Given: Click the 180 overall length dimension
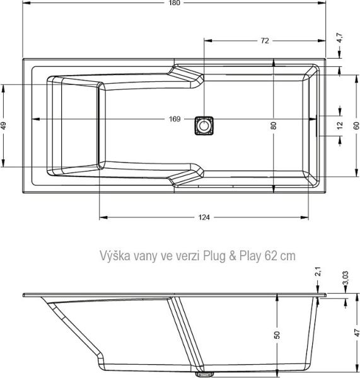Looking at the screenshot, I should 175,4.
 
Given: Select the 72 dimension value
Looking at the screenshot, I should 265,41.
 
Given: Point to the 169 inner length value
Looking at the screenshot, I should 175,119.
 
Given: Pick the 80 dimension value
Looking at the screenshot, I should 274,125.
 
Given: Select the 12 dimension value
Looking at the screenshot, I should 340,125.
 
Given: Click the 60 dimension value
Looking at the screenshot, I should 356,125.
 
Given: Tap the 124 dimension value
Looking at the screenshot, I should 204,217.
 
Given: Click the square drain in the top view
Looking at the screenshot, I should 204,125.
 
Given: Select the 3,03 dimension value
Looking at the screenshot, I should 344,279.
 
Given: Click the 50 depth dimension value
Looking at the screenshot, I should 276,335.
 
